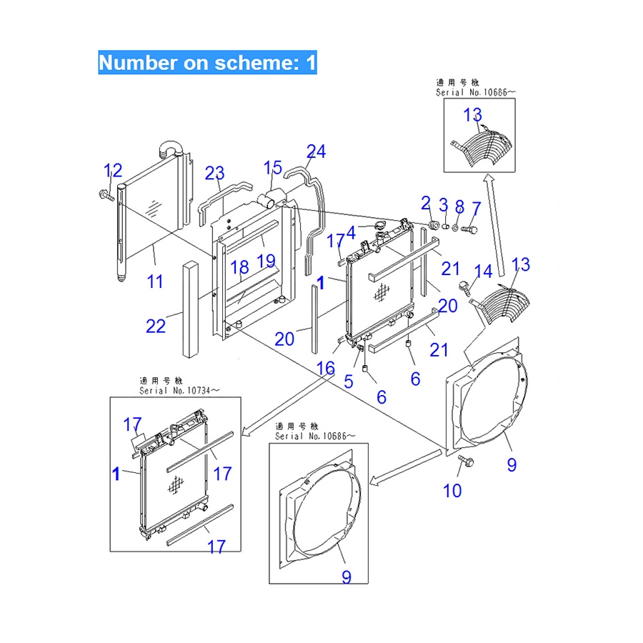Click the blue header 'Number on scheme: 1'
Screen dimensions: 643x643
(207, 62)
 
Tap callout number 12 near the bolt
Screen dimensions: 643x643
(113, 171)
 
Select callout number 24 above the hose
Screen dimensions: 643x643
(316, 151)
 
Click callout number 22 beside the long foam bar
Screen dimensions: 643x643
(155, 326)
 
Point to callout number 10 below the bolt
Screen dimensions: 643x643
(452, 491)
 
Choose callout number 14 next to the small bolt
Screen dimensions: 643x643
(484, 271)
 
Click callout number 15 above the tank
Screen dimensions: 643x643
(272, 168)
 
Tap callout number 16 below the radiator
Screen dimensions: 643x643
(325, 368)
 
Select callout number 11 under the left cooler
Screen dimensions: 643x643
(156, 281)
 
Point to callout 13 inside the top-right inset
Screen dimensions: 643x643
(472, 114)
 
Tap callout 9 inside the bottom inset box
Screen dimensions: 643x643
(346, 576)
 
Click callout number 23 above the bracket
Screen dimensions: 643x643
(214, 173)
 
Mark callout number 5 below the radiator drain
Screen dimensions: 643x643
(348, 381)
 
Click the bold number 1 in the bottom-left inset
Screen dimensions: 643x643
(116, 472)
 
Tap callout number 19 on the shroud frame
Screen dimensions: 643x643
(266, 261)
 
